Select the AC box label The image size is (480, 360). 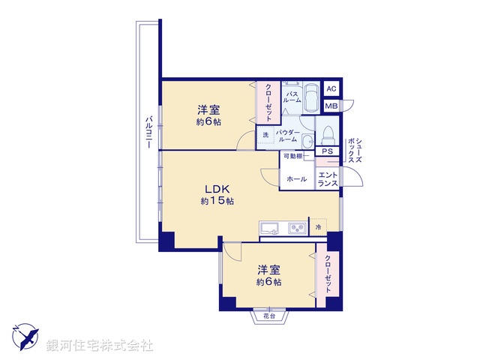click(331, 89)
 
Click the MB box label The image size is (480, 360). click(331, 106)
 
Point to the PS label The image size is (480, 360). click(326, 151)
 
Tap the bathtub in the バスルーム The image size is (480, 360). click(311, 97)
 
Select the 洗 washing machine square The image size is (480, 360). click(265, 136)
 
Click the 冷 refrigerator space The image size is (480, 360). click(318, 227)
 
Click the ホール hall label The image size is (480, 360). click(295, 179)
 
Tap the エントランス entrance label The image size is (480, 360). click(328, 179)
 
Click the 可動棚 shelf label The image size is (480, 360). click(292, 156)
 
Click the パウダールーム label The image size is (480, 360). click(287, 136)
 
